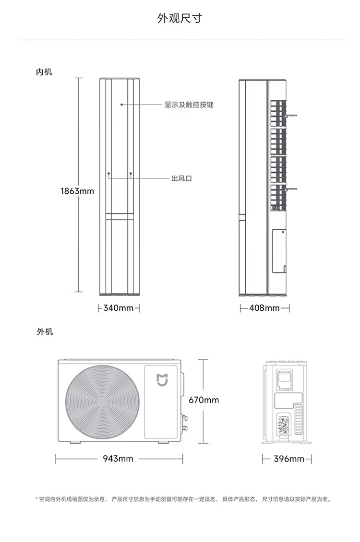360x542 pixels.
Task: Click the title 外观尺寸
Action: pos(180,18)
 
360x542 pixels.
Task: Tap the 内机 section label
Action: pos(44,72)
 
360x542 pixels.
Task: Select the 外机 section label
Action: pos(45,331)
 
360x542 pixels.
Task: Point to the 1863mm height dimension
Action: pos(77,191)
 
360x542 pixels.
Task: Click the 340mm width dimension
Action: pos(118,307)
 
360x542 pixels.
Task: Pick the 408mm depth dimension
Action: pos(264,307)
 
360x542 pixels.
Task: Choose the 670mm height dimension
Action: pos(204,400)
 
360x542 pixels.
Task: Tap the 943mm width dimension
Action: pos(118,459)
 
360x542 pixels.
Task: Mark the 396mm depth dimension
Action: pos(289,459)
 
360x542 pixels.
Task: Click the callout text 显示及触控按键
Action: pos(189,105)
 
